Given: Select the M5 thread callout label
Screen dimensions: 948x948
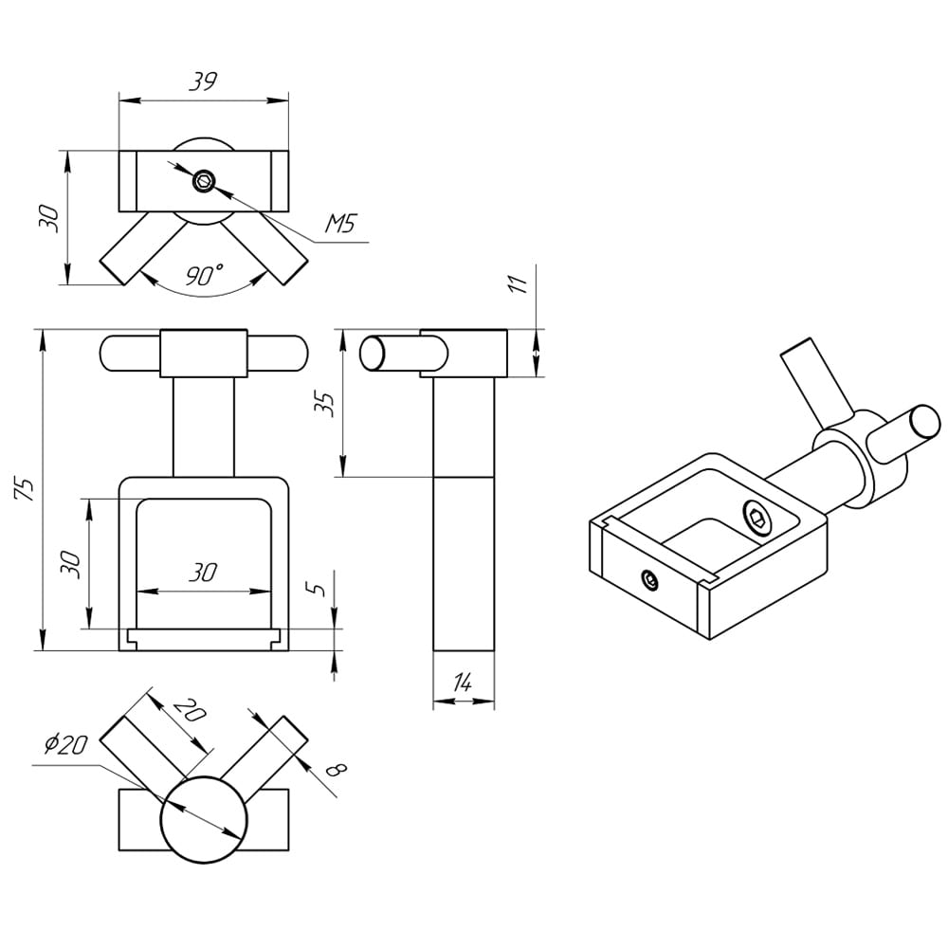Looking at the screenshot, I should [x=338, y=225].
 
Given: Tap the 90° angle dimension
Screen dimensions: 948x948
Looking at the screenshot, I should [x=204, y=276].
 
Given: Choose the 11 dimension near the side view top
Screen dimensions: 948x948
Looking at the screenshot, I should [x=518, y=285].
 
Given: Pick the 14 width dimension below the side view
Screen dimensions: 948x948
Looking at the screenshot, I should [x=463, y=682].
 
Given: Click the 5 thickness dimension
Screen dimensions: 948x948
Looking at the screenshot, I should [x=319, y=588].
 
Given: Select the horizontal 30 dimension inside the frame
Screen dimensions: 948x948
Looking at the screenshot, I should [x=203, y=573].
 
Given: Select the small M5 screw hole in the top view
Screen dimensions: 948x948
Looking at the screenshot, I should [x=204, y=181].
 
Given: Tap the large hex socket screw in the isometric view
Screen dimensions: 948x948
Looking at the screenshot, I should [x=757, y=518].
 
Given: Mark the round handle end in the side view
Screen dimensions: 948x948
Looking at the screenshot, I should [x=372, y=353].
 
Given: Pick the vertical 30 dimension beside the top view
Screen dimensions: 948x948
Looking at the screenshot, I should [x=52, y=218].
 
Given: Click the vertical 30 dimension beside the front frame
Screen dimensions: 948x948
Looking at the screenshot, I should [x=72, y=563].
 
